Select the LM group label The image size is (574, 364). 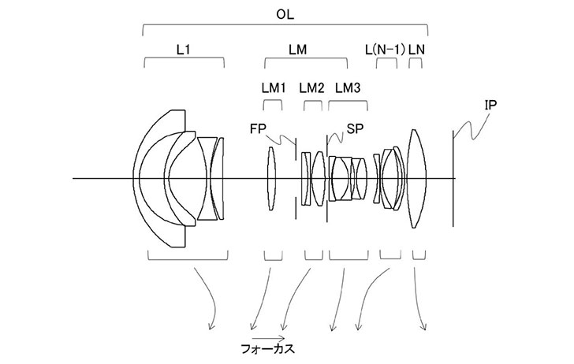tap(298, 49)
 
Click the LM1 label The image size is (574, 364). tap(273, 87)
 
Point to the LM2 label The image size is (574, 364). tap(311, 87)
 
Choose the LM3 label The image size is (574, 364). tap(348, 87)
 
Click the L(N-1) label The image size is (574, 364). tap(386, 49)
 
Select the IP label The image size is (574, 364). tap(491, 105)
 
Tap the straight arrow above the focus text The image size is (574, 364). tap(270, 333)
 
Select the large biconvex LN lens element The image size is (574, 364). tap(416, 179)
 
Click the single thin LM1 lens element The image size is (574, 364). tap(272, 179)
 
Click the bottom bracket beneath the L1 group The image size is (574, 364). tap(187, 257)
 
